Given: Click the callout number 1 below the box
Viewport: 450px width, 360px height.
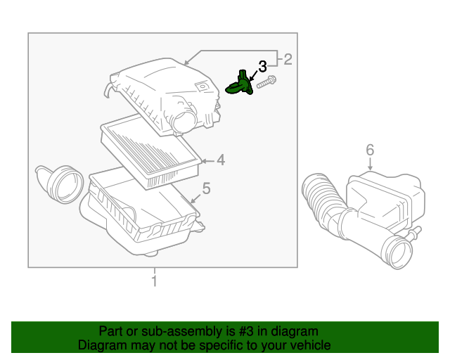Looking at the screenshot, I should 154,281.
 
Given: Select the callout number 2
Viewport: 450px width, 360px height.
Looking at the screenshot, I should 287,59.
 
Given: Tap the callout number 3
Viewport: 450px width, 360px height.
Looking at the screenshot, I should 262,67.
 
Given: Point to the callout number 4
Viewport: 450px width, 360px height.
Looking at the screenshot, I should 220,161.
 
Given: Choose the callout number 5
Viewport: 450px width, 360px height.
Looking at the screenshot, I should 206,188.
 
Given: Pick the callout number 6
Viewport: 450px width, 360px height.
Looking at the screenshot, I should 370,149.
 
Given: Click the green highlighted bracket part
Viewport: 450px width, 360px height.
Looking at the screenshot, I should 239,86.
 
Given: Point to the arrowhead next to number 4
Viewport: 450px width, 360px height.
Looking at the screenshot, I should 204,161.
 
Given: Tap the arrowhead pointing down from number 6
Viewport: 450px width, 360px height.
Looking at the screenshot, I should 370,167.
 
